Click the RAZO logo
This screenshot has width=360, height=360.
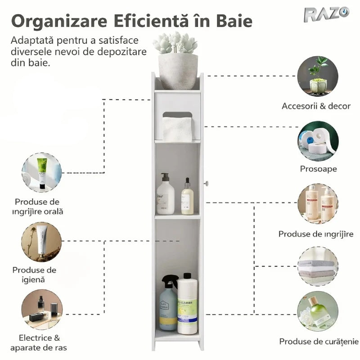coord(326,14)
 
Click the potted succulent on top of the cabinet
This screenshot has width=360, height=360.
coord(177,60)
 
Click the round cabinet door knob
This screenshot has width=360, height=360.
coord(207,183)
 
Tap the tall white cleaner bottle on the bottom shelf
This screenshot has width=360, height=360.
coord(187,304)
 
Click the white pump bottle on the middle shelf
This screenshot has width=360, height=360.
coord(165,195)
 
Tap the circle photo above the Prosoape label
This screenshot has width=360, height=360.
coord(318,141)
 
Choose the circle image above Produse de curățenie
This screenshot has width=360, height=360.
coord(318,311)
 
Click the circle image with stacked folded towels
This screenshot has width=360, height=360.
coord(318,266)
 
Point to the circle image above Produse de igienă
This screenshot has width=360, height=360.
coord(41,243)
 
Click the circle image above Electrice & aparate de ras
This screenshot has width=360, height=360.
coord(42,310)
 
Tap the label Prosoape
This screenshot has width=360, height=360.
coord(318,169)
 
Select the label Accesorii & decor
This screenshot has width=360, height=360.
coord(316,106)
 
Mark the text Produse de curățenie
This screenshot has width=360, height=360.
coord(319,342)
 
